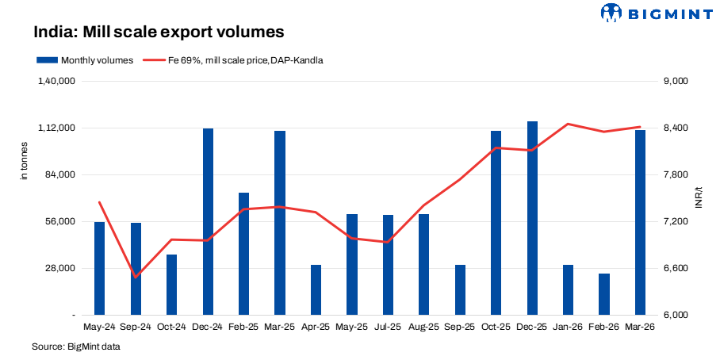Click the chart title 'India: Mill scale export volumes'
tap(158, 33)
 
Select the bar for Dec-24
tap(208, 221)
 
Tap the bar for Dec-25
tap(532, 218)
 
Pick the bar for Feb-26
tap(604, 294)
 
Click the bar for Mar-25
tap(280, 223)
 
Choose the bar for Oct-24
tap(171, 285)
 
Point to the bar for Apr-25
tap(316, 289)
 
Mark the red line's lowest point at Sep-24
tap(136, 277)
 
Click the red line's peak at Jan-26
tap(568, 124)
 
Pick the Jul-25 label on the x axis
tap(388, 327)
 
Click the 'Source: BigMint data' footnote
tap(75, 347)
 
